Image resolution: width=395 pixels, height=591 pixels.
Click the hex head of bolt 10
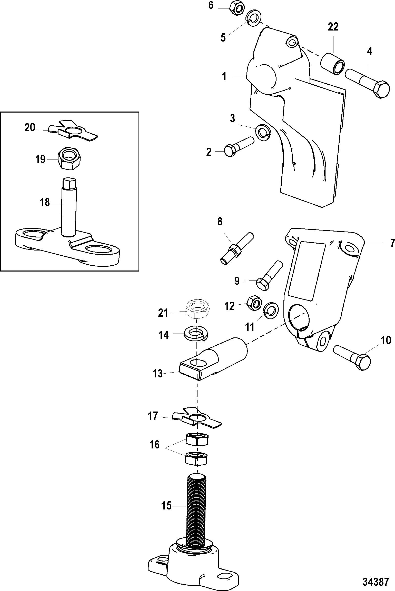point(362,362)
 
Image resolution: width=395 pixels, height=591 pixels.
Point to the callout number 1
point(224,76)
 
